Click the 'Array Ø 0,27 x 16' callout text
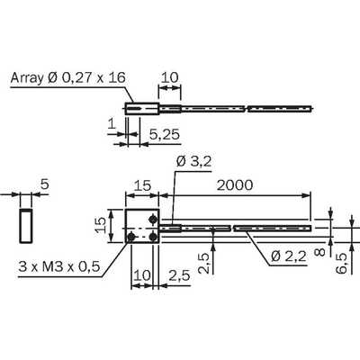(67, 78)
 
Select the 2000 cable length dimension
(235, 185)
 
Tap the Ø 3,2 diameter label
(193, 162)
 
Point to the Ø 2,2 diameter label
(289, 256)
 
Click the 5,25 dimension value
(165, 135)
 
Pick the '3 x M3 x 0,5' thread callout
(59, 266)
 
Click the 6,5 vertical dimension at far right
(341, 263)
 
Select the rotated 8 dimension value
(320, 251)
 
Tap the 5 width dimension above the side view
(44, 184)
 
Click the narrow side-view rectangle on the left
(26, 225)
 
